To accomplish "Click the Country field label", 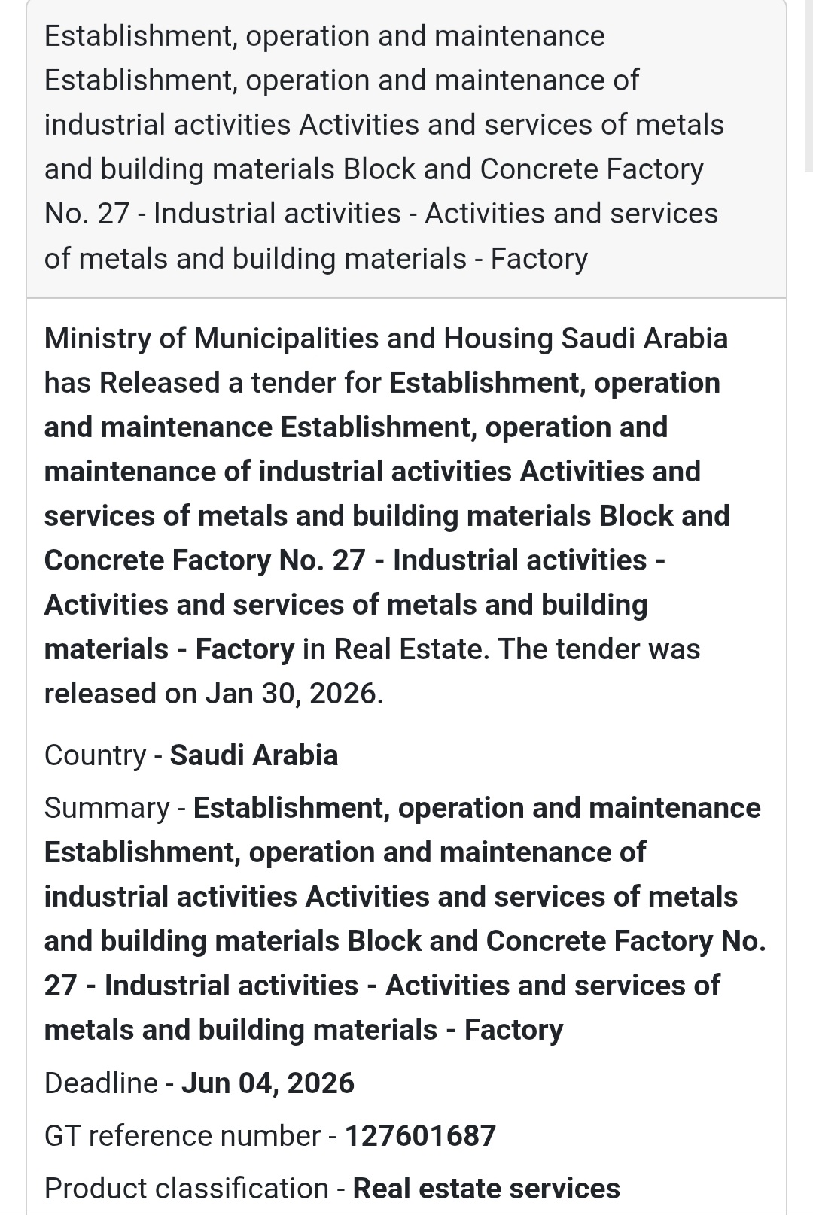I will (x=95, y=755).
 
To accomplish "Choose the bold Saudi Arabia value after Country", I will (x=254, y=755).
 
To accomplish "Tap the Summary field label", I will (x=106, y=808).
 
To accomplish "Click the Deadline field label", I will (x=101, y=1083).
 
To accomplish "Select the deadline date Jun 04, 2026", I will (x=268, y=1083).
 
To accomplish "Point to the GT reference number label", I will (x=182, y=1136).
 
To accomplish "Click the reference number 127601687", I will (x=420, y=1136).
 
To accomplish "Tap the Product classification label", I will (x=186, y=1189).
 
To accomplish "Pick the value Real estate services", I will (x=486, y=1189).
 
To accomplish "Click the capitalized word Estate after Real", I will (x=443, y=649).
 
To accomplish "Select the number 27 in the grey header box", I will (x=113, y=214).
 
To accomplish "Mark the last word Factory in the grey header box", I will (x=539, y=259).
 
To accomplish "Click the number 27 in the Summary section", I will (x=60, y=986).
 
